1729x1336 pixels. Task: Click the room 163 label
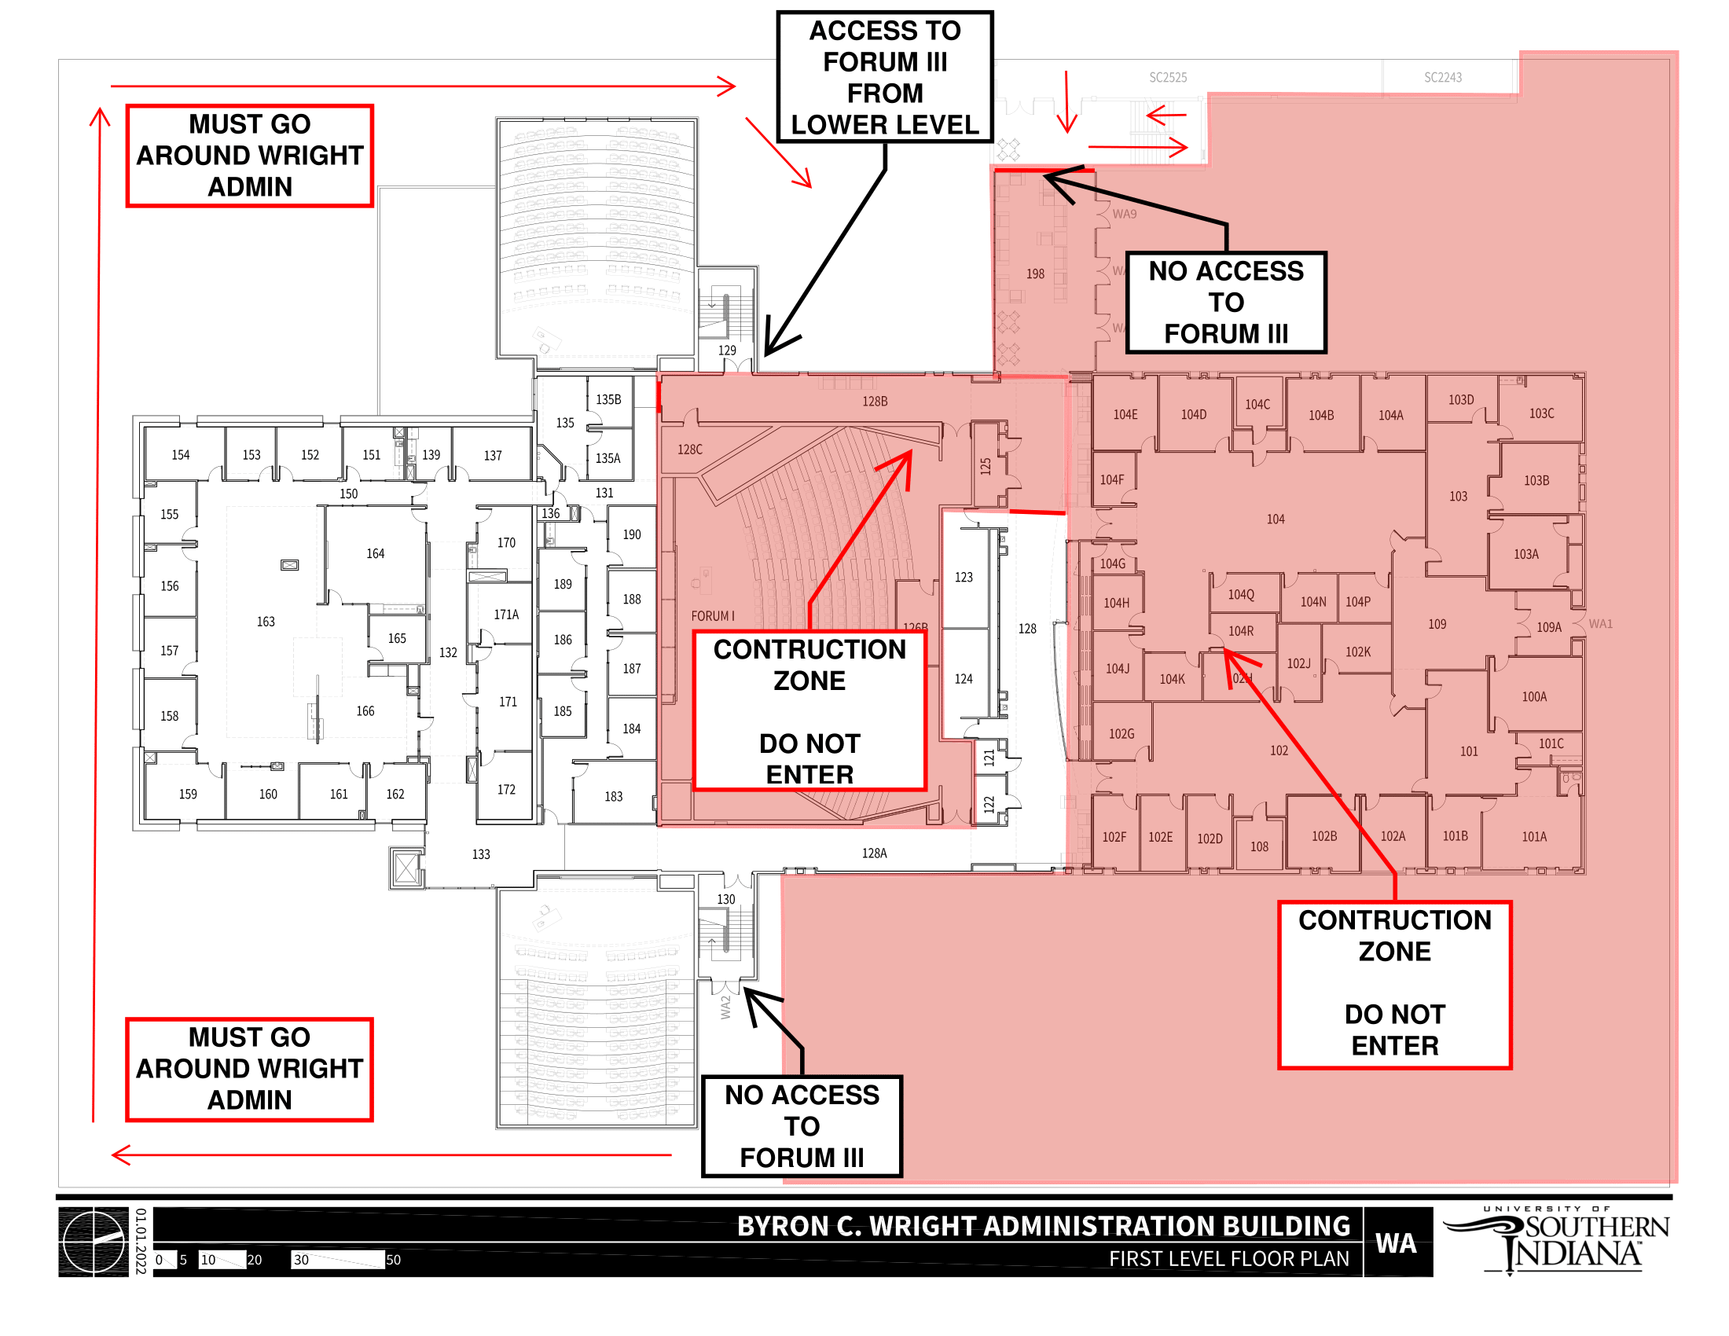(265, 622)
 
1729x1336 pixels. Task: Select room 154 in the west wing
(181, 455)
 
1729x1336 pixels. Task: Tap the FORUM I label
(713, 616)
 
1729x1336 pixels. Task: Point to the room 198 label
(1035, 273)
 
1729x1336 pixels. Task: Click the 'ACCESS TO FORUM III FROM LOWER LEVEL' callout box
(884, 78)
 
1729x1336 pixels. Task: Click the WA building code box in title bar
(1396, 1243)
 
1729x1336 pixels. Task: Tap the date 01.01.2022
(141, 1241)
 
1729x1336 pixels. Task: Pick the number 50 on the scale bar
(394, 1260)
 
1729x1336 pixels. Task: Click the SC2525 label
(1168, 78)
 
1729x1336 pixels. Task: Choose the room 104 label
(1276, 519)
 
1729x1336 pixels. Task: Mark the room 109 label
(1437, 625)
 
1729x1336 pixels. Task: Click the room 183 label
(614, 797)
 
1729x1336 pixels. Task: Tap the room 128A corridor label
(874, 853)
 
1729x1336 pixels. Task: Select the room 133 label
(480, 855)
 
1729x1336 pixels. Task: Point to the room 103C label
(1541, 414)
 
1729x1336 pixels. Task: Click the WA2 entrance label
(725, 1008)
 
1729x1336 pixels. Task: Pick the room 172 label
(507, 790)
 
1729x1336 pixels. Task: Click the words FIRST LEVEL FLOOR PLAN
(1228, 1259)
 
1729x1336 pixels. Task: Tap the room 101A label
(1533, 837)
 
